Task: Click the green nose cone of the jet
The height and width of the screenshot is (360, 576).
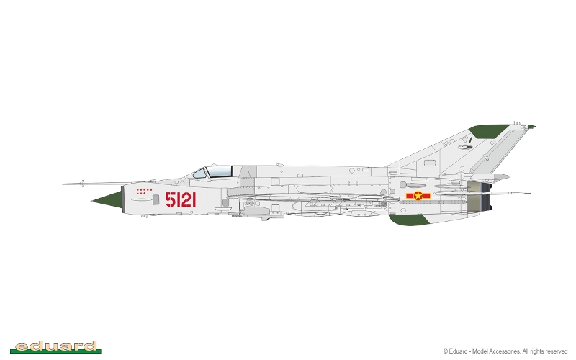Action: point(109,201)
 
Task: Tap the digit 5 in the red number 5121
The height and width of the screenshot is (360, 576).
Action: point(170,200)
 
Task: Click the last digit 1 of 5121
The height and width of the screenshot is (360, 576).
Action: point(194,200)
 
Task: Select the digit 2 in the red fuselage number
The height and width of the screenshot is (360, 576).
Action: point(186,200)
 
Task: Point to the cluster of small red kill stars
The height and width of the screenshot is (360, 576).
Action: point(144,192)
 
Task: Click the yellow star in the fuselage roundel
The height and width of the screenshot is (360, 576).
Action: point(418,196)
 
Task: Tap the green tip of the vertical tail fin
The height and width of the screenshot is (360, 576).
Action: point(489,131)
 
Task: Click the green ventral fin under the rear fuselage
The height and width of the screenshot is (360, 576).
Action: point(408,220)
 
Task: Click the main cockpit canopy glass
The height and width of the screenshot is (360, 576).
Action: point(220,171)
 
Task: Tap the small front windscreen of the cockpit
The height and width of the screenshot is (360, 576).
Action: point(200,174)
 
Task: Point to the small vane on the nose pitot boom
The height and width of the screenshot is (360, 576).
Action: point(82,184)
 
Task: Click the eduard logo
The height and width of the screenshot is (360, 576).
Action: point(55,347)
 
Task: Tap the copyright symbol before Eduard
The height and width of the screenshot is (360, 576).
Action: point(446,351)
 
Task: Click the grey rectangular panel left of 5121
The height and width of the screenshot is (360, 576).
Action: point(156,199)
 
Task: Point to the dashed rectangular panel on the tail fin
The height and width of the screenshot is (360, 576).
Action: point(430,163)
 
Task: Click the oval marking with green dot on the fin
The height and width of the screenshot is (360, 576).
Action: point(465,147)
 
